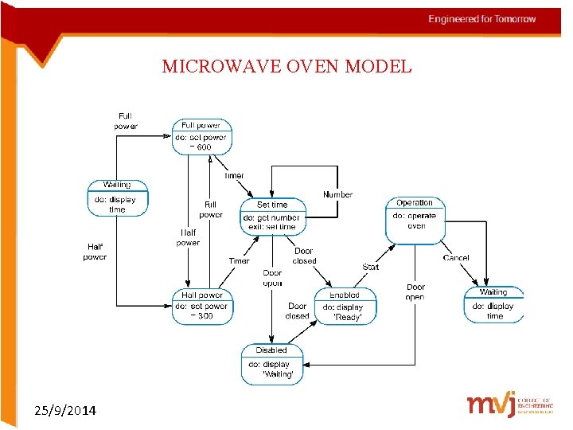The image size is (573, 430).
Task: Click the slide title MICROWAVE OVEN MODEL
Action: click(286, 66)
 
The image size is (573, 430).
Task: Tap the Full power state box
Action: click(202, 137)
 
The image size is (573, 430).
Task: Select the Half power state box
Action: click(202, 306)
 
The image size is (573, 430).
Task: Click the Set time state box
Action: click(272, 216)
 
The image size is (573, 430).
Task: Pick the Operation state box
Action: click(415, 220)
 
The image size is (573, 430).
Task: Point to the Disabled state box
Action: click(271, 362)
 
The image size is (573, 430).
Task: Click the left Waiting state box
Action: click(117, 198)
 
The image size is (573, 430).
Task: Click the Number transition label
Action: click(337, 195)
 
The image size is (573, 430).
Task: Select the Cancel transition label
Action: click(456, 258)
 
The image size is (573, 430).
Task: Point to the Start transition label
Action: click(371, 267)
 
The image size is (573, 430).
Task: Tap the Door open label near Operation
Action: click(415, 291)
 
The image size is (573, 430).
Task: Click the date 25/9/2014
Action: click(66, 411)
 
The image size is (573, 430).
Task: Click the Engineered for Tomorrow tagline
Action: click(482, 19)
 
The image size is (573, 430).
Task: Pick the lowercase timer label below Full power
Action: click(234, 176)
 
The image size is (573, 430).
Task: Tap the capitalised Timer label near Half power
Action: click(239, 260)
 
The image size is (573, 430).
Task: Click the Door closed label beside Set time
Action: click(304, 256)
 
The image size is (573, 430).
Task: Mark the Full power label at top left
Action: click(126, 121)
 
